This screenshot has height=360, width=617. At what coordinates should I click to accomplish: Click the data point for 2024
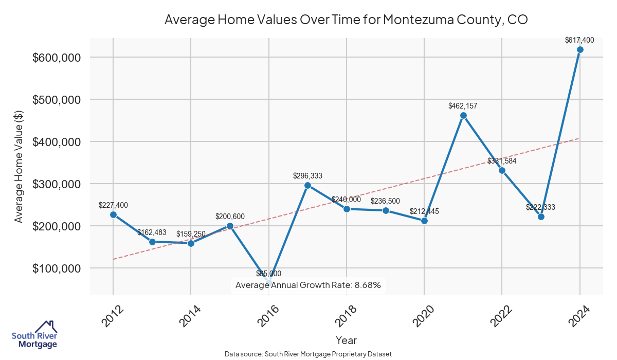click(x=580, y=50)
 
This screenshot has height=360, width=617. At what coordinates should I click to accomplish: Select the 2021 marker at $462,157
click(x=463, y=115)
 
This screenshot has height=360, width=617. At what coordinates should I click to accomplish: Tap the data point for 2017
click(x=307, y=185)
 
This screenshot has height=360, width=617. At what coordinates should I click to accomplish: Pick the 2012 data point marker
click(x=113, y=214)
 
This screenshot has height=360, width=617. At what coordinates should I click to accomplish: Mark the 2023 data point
click(x=541, y=217)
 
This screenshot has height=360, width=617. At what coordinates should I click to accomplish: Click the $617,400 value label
click(x=579, y=40)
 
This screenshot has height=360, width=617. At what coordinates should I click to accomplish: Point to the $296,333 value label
click(x=307, y=176)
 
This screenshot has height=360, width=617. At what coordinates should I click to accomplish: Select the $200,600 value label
click(x=230, y=217)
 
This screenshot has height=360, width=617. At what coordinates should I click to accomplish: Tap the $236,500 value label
click(x=386, y=201)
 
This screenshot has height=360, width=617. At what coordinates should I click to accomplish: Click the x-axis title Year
click(x=346, y=340)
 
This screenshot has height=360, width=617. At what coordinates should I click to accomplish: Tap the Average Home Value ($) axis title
click(x=19, y=166)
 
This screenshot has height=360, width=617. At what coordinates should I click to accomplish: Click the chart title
click(x=346, y=20)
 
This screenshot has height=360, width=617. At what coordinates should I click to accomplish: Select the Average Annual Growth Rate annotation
click(x=308, y=285)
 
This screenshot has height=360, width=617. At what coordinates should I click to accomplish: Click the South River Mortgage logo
click(x=35, y=335)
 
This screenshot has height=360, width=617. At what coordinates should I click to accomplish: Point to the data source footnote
click(x=308, y=354)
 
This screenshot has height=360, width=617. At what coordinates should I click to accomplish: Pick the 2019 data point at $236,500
click(x=386, y=210)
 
